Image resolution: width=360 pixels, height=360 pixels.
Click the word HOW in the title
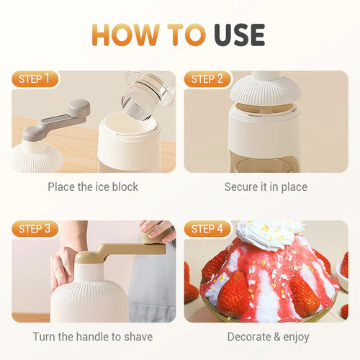122,34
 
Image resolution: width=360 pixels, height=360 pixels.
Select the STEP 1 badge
35,79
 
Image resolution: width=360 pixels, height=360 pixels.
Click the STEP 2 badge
207,79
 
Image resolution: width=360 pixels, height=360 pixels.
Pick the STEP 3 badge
35,229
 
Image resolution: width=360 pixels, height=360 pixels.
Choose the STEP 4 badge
207,229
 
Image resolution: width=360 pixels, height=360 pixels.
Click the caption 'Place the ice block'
93,186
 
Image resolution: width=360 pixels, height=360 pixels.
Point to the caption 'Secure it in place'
266,186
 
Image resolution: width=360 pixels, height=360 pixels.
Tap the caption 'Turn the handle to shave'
93,336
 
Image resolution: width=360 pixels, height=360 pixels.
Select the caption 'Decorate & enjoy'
268,336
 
